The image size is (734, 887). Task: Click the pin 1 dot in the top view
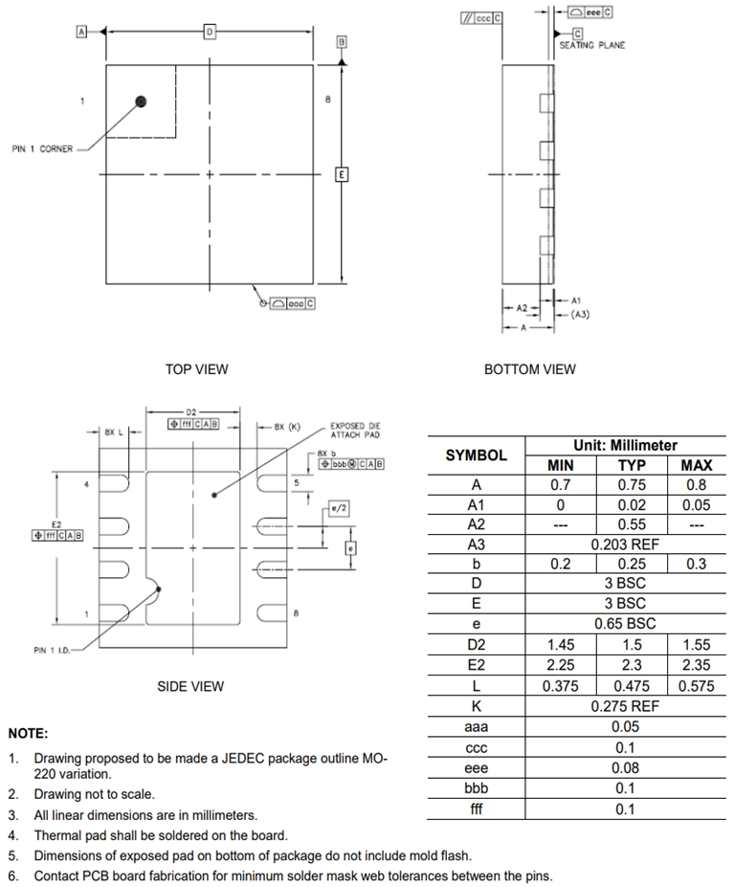(142, 100)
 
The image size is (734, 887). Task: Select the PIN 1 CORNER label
(42, 149)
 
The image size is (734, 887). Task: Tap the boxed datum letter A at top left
(82, 32)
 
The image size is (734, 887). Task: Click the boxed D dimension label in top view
(209, 32)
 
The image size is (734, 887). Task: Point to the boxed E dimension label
(341, 174)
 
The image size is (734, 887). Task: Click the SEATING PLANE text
(592, 45)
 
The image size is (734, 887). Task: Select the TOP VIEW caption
(197, 369)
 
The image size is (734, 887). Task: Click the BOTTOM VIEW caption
(530, 369)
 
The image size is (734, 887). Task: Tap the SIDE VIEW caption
(190, 686)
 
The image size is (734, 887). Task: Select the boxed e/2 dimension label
(338, 508)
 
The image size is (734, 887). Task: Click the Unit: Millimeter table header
(625, 445)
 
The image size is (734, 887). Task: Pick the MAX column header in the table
(696, 465)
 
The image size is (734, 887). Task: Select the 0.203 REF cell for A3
(625, 544)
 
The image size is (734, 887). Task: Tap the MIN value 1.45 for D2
(561, 646)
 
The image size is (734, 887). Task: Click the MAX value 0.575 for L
(696, 686)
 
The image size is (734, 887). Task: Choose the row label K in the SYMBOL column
(476, 706)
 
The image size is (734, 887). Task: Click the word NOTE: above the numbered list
(28, 733)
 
